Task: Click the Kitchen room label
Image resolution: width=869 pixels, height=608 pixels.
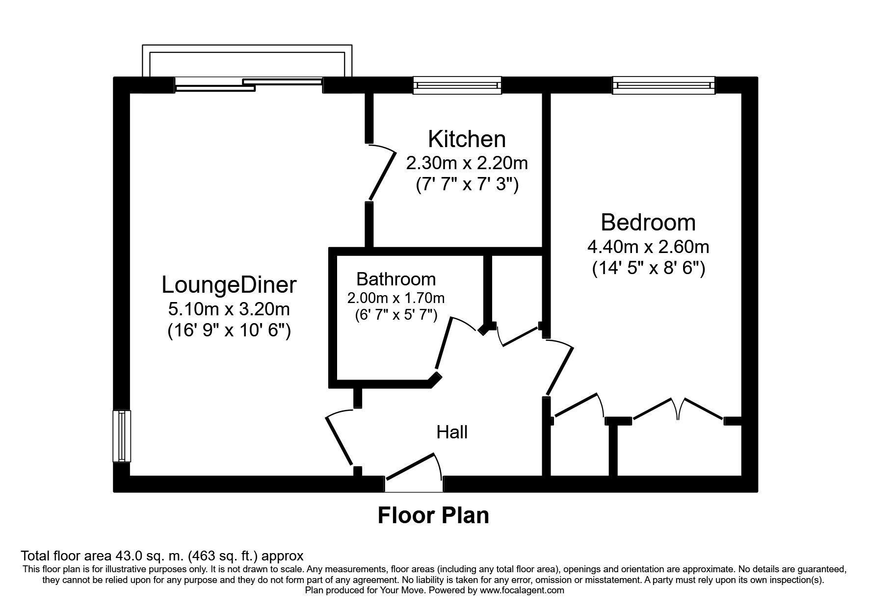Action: [x=466, y=139]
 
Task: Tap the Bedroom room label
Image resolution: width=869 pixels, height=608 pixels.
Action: [x=648, y=223]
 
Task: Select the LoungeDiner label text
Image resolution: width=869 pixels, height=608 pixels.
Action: [x=229, y=285]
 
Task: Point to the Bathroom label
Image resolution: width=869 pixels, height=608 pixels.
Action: [x=396, y=279]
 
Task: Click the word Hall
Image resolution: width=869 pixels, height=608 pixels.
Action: [x=452, y=432]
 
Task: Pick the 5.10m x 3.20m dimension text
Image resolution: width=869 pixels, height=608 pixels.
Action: [x=229, y=309]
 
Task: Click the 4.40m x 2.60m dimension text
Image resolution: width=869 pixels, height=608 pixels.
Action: [x=648, y=246]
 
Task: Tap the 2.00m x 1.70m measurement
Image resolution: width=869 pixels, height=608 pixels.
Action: [x=396, y=298]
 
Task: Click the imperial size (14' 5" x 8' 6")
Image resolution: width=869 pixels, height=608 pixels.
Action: [x=648, y=269]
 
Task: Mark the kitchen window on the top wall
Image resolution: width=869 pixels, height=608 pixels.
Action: [x=457, y=85]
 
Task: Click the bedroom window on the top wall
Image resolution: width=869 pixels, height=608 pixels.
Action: [x=663, y=85]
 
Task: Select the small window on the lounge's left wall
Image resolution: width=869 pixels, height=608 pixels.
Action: [x=122, y=436]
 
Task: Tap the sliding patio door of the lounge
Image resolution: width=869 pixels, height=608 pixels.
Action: [x=248, y=85]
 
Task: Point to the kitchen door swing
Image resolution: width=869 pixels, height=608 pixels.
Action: [x=382, y=174]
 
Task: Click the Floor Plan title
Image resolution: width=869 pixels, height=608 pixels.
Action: [x=433, y=516]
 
